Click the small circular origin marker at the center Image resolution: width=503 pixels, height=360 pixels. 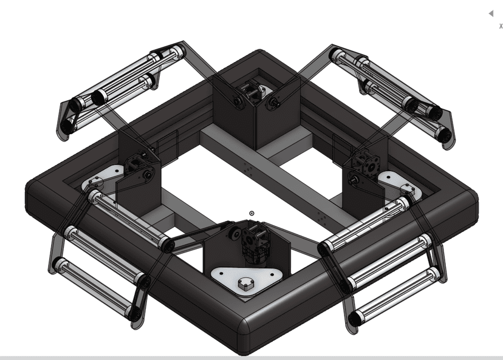pyautogui.click(x=251, y=214)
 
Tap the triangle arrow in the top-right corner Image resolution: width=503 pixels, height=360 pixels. pyautogui.click(x=491, y=13)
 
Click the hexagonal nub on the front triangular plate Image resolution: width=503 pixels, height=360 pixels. pyautogui.click(x=246, y=284)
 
